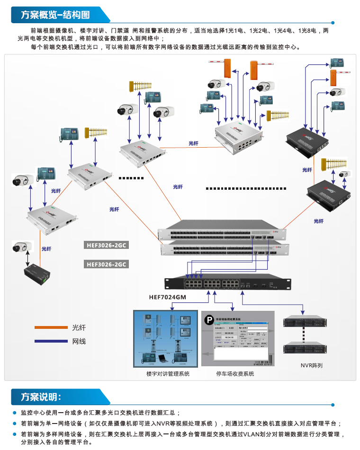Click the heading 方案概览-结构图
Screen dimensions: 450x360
pos(55,15)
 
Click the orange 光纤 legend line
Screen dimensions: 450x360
pos(51,327)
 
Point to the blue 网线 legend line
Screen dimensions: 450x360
pos(51,341)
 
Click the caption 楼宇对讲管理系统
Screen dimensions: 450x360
pos(168,374)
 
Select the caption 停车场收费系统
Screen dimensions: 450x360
pos(235,374)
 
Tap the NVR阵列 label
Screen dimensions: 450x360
pos(311,365)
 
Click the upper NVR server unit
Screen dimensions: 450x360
pos(303,322)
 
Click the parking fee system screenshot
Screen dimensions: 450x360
pos(235,339)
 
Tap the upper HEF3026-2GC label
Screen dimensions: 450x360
pos(108,246)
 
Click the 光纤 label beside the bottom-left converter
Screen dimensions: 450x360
pos(46,248)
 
